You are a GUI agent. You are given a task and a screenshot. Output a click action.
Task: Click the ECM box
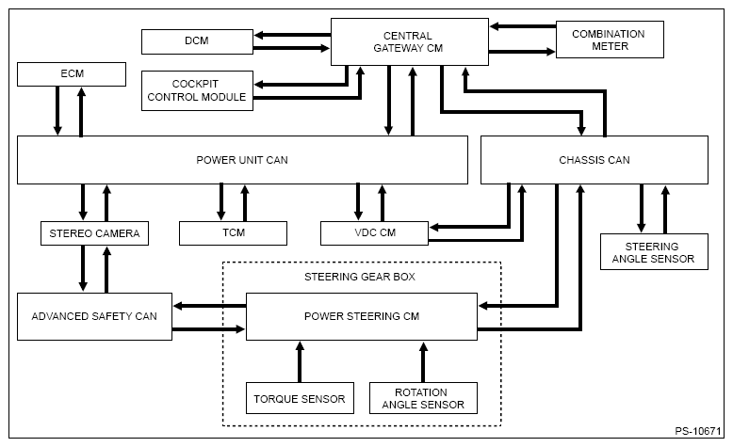coord(72,74)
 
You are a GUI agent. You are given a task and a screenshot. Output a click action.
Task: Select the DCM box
coord(197,41)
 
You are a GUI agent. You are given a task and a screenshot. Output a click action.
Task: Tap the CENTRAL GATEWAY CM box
coord(410,42)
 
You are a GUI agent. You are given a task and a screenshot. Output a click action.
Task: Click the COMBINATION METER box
coord(610,40)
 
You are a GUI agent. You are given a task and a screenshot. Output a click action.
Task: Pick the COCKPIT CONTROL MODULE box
coord(197,90)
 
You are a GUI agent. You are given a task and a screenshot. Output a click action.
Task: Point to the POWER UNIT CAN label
coord(242,160)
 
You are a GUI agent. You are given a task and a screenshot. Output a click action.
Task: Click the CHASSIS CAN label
coord(595,160)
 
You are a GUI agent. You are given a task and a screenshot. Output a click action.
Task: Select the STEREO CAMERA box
coord(94,233)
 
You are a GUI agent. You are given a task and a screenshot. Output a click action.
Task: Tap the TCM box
coord(234,233)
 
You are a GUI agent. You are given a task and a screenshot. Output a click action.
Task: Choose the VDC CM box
coord(374,233)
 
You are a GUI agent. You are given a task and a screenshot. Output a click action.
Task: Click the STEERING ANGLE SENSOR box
coord(654,252)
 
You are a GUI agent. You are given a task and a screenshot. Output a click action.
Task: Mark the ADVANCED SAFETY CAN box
coord(94,317)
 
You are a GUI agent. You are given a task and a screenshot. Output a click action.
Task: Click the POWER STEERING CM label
coord(362,316)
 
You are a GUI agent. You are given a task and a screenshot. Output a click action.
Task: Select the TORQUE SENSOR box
coord(301,398)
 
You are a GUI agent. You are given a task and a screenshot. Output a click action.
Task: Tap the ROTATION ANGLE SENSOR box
coord(424,398)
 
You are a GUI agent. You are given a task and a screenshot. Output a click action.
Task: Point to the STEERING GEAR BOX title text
coord(360,277)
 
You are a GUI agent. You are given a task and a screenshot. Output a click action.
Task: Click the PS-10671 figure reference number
coord(698,431)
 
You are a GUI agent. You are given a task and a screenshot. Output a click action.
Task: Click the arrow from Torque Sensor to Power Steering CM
coord(301,362)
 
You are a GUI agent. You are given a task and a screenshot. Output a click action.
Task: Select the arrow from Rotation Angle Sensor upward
coord(424,362)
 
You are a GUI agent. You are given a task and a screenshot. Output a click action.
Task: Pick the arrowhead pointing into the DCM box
coord(258,35)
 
